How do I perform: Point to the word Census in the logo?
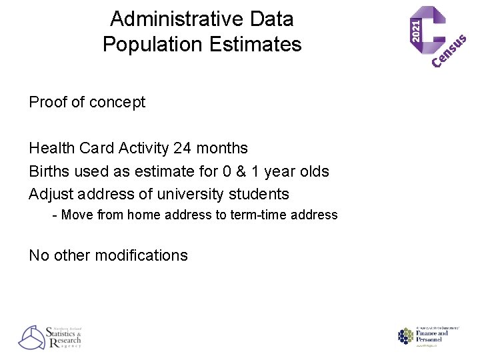[x=449, y=51]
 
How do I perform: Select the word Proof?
[x=48, y=102]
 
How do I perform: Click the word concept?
[x=117, y=103]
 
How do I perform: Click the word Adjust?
[x=51, y=195]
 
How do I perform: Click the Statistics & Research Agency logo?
[x=51, y=337]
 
